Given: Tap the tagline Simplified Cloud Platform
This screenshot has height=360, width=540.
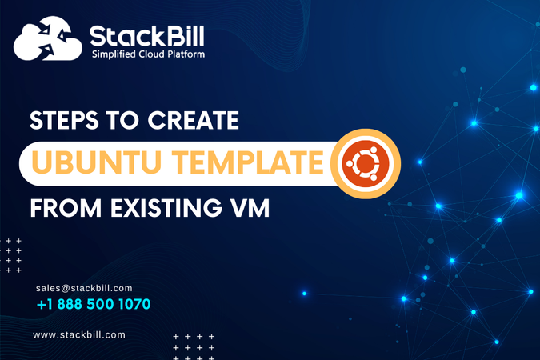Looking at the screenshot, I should [x=147, y=54].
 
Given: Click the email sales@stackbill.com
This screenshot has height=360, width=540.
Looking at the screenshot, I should [x=84, y=288].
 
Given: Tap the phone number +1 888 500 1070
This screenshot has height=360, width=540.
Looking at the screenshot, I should [x=94, y=305].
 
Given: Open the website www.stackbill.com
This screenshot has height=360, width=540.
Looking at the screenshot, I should [x=79, y=335].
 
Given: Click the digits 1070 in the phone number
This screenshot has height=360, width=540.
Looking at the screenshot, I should [x=133, y=305].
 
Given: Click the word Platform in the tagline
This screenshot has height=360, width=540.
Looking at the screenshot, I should [x=185, y=54].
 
